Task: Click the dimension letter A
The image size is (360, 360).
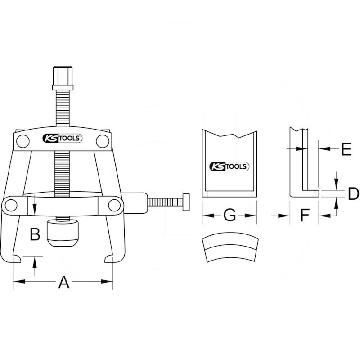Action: [x=63, y=283]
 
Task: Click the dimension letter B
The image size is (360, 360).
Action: [x=35, y=234]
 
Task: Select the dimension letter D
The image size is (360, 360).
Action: [x=353, y=193]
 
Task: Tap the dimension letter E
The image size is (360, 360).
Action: [x=346, y=149]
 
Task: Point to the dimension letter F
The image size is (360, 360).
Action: [x=305, y=215]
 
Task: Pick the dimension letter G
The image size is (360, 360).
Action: [x=229, y=215]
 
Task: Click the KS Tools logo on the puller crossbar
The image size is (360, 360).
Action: [x=63, y=139]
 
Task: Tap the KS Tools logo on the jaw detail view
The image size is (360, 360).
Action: [x=229, y=166]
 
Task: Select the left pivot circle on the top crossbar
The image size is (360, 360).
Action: [x=23, y=141]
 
